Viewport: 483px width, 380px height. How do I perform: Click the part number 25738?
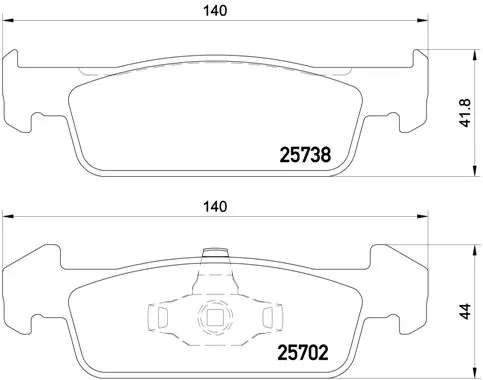[x=303, y=155]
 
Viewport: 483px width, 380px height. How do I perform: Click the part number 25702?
[x=303, y=351]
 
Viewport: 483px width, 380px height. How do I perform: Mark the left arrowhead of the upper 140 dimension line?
[x=5, y=25]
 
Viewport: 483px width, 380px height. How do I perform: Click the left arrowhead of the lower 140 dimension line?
[x=5, y=221]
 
